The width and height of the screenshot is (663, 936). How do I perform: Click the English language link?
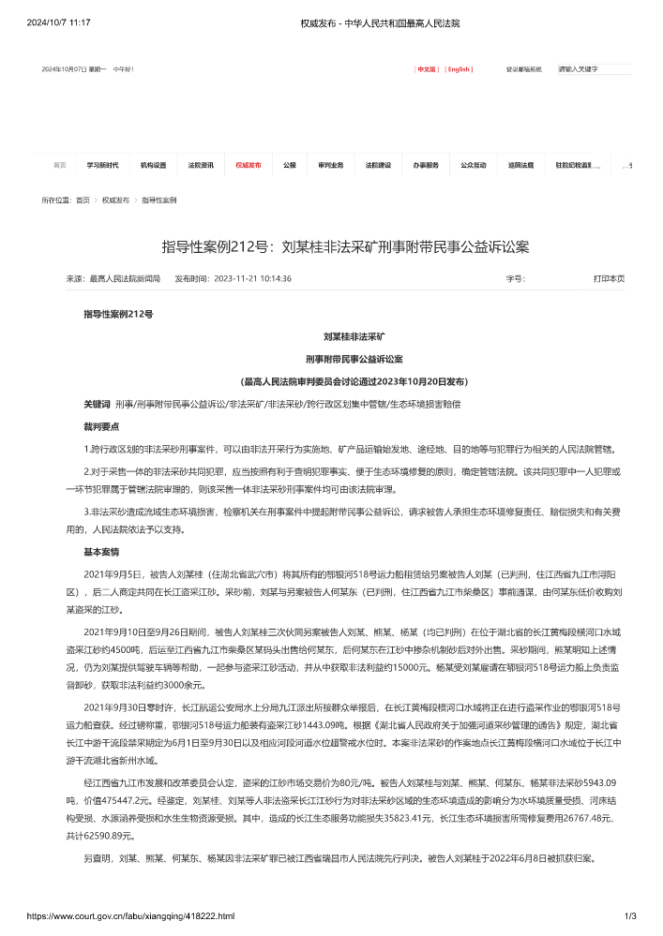click(x=459, y=69)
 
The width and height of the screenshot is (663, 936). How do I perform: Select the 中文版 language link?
click(x=427, y=69)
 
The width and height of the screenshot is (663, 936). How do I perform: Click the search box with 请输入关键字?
click(x=593, y=69)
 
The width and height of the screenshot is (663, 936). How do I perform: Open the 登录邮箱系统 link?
click(x=523, y=69)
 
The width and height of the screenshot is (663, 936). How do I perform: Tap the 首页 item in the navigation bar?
click(x=60, y=165)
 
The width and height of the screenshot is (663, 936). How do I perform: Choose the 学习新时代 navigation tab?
click(x=103, y=165)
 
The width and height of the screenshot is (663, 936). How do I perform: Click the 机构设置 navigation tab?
click(x=153, y=165)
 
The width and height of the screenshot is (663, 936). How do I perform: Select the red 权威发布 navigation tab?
click(x=249, y=165)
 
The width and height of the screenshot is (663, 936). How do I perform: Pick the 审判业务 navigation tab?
click(x=330, y=165)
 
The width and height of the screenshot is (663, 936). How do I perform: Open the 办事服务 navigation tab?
click(x=426, y=165)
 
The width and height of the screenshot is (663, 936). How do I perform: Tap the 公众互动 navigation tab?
click(x=474, y=165)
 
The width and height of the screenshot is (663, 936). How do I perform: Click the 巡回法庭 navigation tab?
click(x=521, y=165)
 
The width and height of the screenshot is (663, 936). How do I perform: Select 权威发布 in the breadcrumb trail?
click(x=116, y=201)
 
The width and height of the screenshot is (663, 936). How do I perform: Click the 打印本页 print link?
click(x=609, y=278)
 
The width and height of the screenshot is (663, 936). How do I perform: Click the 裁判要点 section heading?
click(x=100, y=426)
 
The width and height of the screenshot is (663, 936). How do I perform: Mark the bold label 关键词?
click(x=98, y=404)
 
